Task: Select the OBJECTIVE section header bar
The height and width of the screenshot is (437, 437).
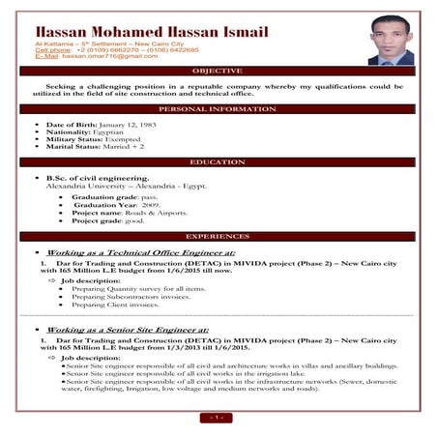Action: pyautogui.click(x=218, y=72)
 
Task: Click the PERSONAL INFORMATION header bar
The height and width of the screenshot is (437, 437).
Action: pyautogui.click(x=218, y=110)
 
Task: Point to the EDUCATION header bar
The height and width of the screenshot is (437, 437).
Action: pyautogui.click(x=218, y=162)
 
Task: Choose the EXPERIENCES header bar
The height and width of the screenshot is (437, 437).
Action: pyautogui.click(x=218, y=236)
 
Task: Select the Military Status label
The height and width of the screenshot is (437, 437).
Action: pyautogui.click(x=74, y=140)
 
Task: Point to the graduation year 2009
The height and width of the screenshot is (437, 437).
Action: pyautogui.click(x=151, y=205)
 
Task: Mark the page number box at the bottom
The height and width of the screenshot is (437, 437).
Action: pyautogui.click(x=218, y=417)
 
